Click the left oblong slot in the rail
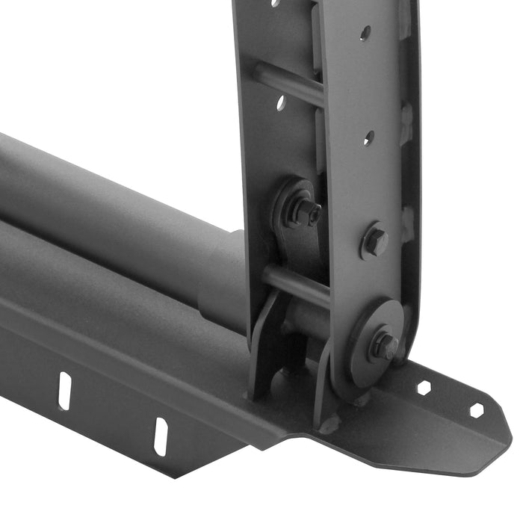pos(65,391)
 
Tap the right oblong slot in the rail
pos(161,436)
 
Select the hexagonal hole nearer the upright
pos(424,388)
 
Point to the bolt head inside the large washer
pos(385,345)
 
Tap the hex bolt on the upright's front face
pos(374,242)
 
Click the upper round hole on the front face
pos(365,33)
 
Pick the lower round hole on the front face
pos(368,138)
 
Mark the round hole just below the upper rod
pos(281,102)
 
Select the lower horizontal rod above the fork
pos(296,283)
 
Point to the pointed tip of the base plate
pos(508,441)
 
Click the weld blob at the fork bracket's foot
pos(329,424)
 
